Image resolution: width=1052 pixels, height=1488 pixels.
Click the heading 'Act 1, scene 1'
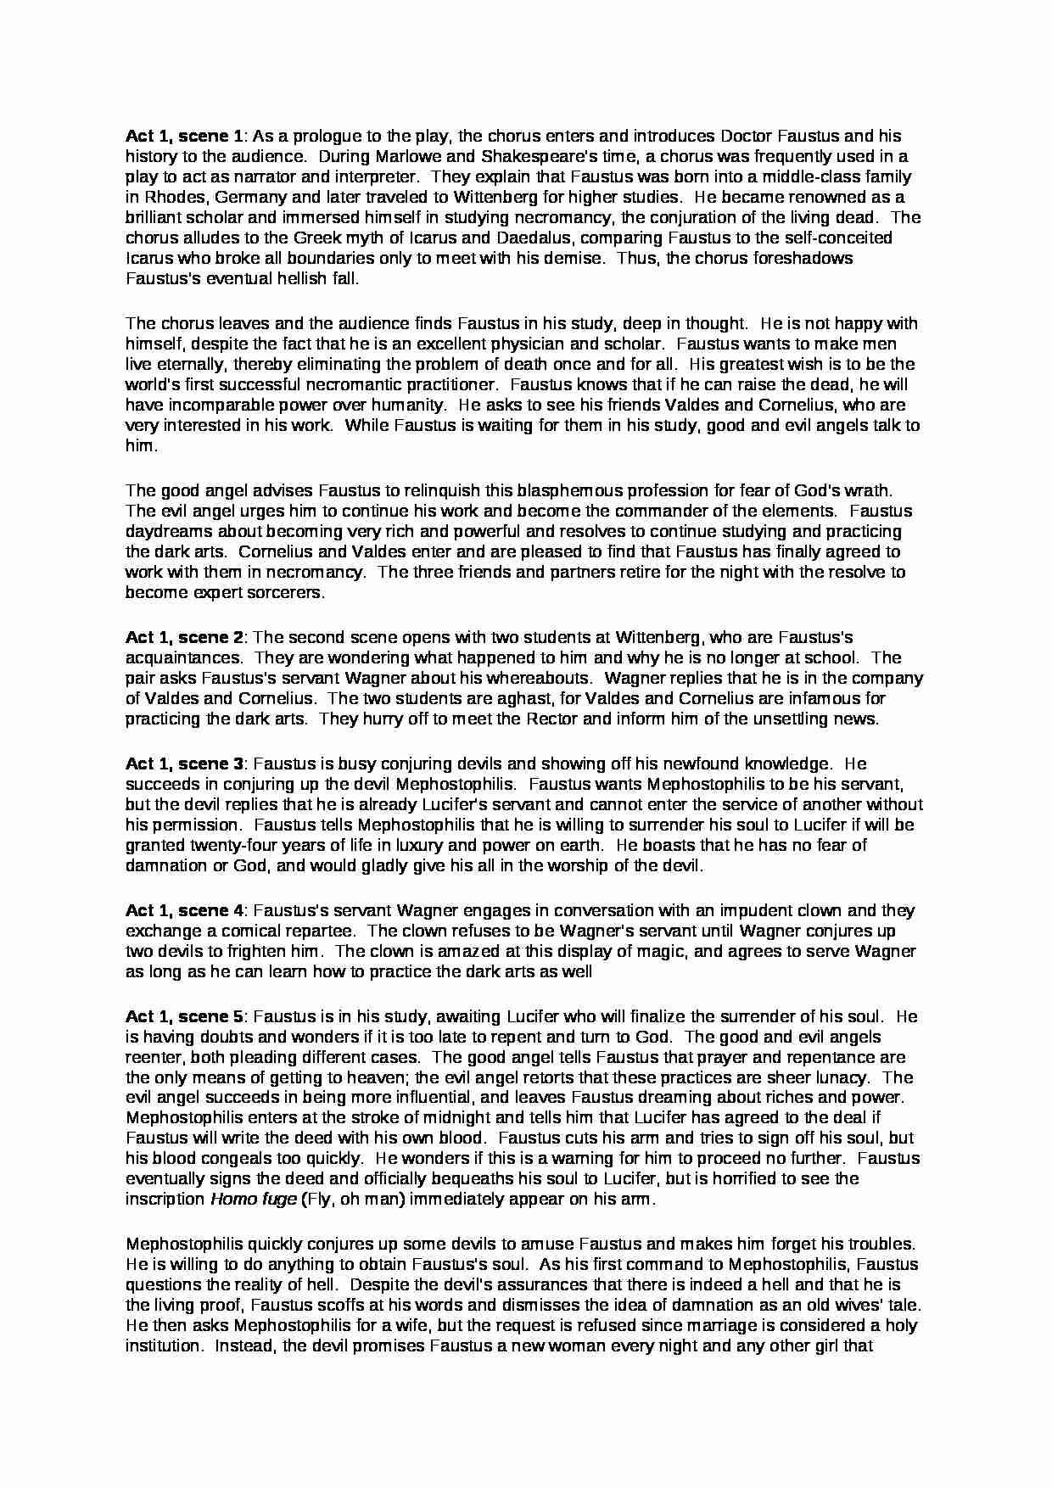point(184,136)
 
